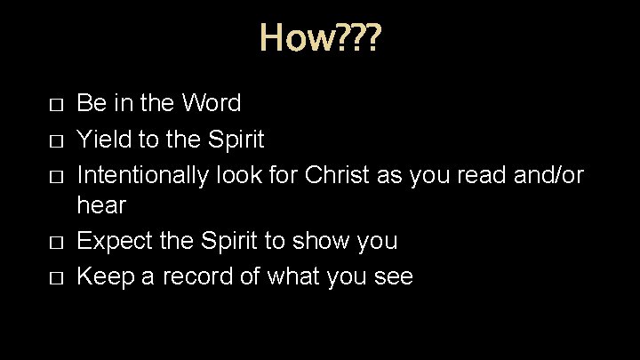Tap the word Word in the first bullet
[x=210, y=104]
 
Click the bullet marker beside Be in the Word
[x=57, y=106]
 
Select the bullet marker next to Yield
[x=57, y=140]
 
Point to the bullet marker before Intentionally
[x=57, y=175]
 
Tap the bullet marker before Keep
[x=57, y=278]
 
